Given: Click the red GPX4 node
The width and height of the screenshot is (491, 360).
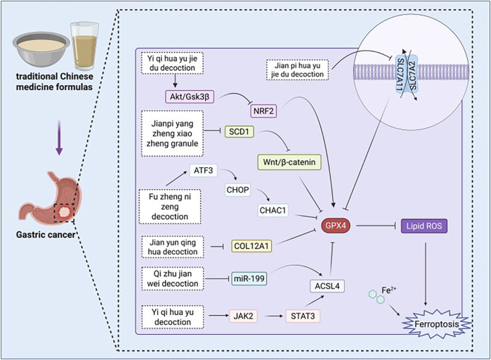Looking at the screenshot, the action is [335, 225].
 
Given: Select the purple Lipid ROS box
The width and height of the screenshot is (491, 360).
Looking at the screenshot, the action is [424, 226].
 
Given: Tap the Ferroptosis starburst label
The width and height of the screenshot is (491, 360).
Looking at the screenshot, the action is [436, 324].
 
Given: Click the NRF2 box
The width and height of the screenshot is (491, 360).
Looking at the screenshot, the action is [263, 111].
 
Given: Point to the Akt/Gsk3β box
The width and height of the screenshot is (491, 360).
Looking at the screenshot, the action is [190, 96].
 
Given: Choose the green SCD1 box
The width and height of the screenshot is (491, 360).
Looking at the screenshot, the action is [239, 131].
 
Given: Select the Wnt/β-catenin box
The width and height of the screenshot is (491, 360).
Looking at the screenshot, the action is [289, 162].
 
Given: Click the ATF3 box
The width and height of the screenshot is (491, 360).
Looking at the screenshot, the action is [203, 170].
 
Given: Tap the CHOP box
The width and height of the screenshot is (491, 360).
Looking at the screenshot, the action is [238, 190].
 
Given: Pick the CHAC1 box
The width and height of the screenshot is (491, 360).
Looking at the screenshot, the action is [273, 210].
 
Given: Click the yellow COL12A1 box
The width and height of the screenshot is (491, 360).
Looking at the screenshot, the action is [251, 246].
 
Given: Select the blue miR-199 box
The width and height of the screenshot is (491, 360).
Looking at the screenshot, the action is [249, 278].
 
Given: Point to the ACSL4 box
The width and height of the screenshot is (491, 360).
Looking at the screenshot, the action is [327, 285].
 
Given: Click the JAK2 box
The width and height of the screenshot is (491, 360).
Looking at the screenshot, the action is [243, 316].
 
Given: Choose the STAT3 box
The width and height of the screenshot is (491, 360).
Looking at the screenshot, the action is [303, 316].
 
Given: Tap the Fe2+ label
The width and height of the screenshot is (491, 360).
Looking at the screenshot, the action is [388, 290].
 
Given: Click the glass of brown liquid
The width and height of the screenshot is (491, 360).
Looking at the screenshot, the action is [84, 46].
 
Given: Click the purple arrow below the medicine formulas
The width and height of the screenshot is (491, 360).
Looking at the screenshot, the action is [59, 138].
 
